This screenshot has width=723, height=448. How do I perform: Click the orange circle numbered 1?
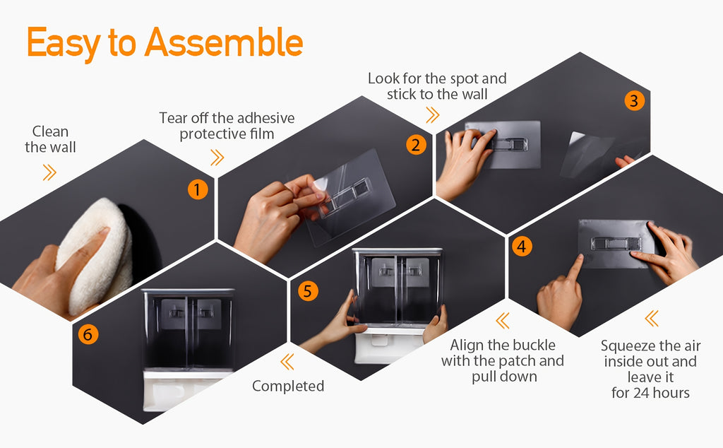[x=198, y=189]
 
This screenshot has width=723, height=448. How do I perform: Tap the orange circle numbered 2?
[x=416, y=145]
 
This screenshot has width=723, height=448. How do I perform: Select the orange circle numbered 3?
[x=635, y=100]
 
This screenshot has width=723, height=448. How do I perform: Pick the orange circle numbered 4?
[x=522, y=246]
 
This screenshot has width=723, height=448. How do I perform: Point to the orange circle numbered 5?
[x=308, y=291]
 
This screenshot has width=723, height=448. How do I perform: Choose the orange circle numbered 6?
[x=88, y=334]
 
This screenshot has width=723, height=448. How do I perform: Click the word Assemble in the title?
[x=224, y=42]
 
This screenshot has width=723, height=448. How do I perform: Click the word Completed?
[x=288, y=386]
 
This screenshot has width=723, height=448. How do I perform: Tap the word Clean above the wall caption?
[x=50, y=131]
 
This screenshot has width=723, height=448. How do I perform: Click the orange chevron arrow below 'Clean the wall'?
[x=49, y=172]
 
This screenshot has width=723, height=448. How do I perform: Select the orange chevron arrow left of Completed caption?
[x=287, y=361]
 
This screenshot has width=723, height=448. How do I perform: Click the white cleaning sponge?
[x=95, y=255]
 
